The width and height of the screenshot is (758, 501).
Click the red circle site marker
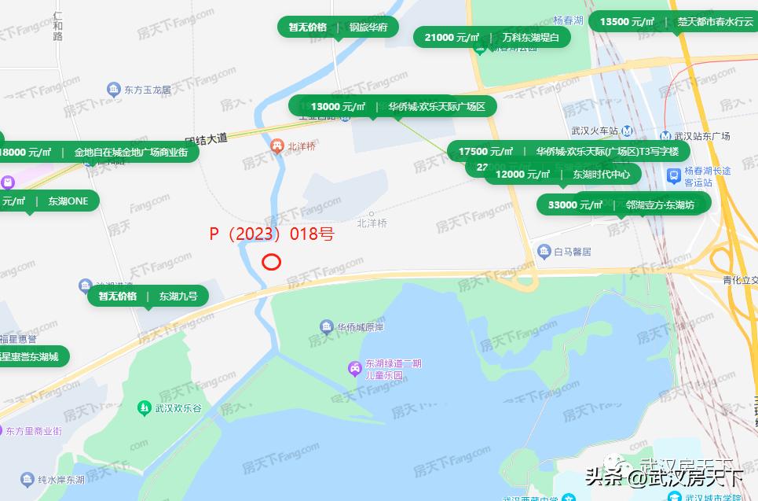[x=271, y=262]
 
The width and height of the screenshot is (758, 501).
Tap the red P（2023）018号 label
[x=272, y=234]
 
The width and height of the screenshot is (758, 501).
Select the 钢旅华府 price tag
[x=338, y=27]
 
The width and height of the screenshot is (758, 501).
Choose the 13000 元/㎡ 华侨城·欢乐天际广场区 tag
[x=393, y=106]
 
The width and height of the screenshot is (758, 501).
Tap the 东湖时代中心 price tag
[x=562, y=174]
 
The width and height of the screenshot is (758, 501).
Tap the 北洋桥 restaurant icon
[x=276, y=146]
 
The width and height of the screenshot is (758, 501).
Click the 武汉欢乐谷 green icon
[x=144, y=407]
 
